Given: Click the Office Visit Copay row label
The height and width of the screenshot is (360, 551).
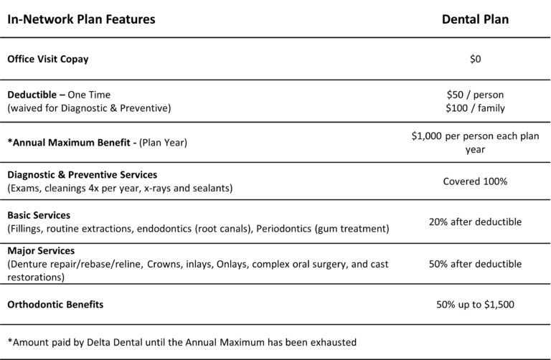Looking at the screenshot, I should click(47, 60).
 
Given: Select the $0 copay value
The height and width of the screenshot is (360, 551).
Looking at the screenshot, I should click(475, 60).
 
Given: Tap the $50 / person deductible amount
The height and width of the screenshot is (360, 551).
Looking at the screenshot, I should click(475, 95).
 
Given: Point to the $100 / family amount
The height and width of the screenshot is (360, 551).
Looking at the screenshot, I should click(475, 108).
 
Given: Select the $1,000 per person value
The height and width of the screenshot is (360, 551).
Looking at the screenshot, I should click(475, 136).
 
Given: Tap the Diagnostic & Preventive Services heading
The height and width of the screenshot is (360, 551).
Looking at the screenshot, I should click(82, 174).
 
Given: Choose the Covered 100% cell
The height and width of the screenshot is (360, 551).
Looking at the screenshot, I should click(475, 181).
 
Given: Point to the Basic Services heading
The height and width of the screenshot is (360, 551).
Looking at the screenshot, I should click(39, 214).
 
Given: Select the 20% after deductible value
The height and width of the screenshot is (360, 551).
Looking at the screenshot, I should click(475, 222).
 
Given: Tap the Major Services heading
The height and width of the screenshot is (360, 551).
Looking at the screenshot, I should click(41, 251).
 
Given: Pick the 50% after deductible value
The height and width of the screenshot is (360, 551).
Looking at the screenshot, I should click(475, 264).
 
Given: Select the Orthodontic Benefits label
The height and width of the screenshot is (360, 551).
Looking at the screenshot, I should click(55, 304).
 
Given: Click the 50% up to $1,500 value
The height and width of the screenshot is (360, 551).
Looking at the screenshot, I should click(475, 304).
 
